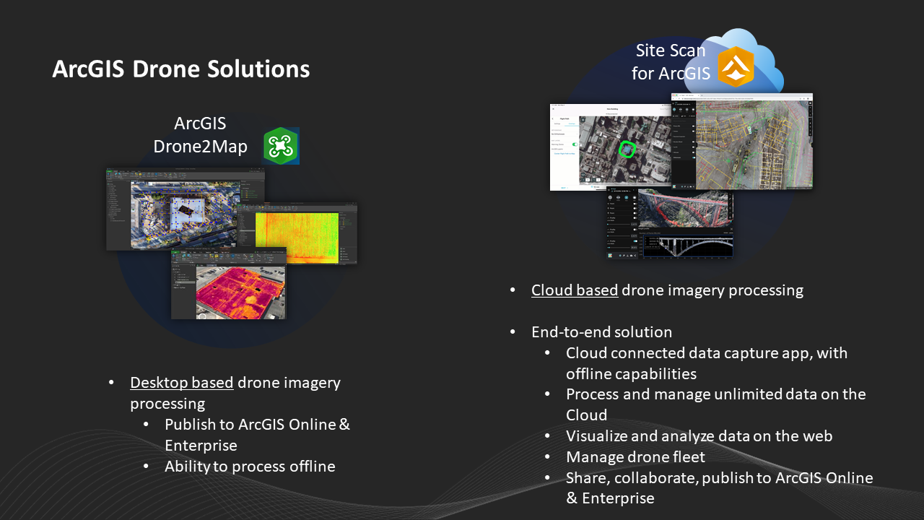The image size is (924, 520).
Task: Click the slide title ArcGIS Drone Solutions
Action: pos(181,69)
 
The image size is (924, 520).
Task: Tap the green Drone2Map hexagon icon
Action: pos(280,146)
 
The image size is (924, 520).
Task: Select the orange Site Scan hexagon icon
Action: pos(736,67)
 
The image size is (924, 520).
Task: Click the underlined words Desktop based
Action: pos(182,383)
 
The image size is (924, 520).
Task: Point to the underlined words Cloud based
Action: pos(575,290)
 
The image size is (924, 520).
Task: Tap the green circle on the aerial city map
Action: pos(627,149)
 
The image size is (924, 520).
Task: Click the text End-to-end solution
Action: pos(601,332)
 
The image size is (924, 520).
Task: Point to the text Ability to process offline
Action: pos(250,467)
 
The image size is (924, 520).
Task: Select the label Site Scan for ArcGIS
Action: pos(671,62)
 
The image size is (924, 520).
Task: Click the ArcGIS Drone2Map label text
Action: pos(200,135)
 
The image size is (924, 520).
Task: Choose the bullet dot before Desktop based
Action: pos(111,383)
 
